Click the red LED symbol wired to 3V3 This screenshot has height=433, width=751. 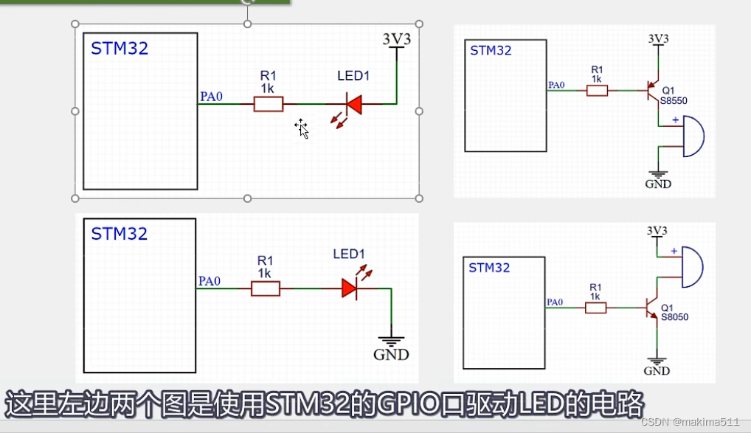point(353,105)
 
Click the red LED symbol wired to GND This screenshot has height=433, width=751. point(350,288)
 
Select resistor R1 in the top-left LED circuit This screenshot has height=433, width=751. point(268,105)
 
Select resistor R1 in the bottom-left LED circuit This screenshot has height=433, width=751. point(266,288)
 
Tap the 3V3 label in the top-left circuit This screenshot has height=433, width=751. point(396,39)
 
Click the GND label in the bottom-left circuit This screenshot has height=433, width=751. point(391,355)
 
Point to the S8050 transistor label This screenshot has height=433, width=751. point(674,317)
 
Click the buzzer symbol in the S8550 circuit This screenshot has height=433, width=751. point(693,136)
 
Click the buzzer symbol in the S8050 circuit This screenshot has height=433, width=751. point(692,266)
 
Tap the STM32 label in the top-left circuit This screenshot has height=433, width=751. point(120,49)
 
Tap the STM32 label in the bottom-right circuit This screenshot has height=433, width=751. point(489,268)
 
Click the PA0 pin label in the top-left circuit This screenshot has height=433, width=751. point(211,96)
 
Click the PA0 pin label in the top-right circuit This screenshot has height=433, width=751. point(556,85)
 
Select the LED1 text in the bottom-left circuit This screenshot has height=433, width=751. point(349,255)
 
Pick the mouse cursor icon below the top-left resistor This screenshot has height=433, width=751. point(302,128)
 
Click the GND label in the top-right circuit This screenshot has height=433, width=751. point(658,184)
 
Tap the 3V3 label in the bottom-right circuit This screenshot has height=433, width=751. point(657,231)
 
